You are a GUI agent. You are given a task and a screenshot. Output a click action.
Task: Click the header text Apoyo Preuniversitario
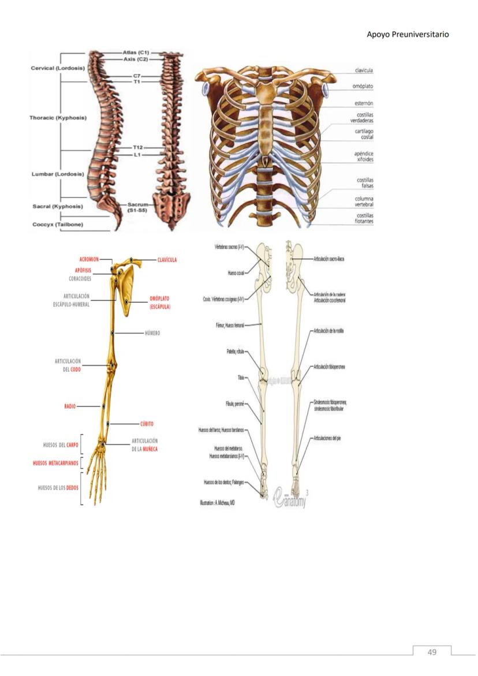[408, 35]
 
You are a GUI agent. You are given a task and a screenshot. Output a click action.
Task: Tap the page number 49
[432, 652]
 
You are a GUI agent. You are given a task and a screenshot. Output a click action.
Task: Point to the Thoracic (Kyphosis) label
[58, 118]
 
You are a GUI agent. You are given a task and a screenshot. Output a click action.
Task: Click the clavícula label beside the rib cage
[363, 70]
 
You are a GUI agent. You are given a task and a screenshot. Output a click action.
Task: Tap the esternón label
[363, 103]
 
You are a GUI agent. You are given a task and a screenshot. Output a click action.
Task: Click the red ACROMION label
[92, 260]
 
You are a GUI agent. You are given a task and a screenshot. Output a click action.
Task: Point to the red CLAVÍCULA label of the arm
[167, 260]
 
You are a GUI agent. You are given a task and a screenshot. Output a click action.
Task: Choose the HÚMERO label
[153, 334]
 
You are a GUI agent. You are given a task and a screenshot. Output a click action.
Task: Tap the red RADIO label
[70, 406]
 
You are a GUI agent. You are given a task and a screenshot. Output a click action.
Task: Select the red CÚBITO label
[147, 424]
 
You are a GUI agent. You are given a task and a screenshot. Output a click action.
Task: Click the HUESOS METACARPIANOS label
[55, 463]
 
